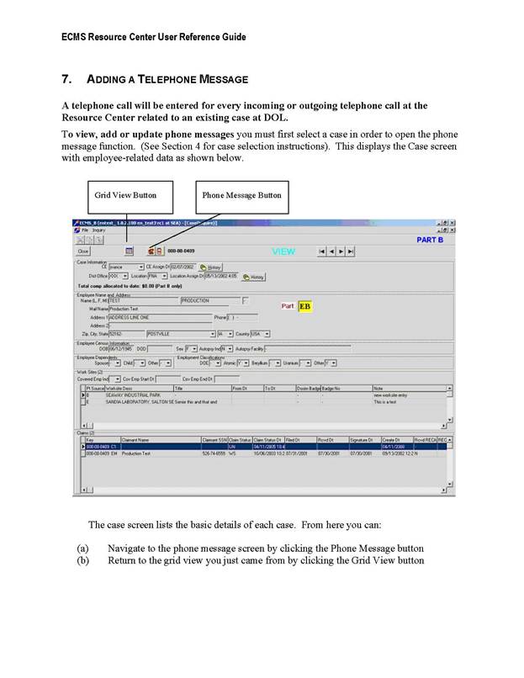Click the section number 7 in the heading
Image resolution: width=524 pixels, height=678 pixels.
click(x=66, y=79)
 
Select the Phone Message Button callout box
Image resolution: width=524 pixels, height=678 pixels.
click(x=241, y=196)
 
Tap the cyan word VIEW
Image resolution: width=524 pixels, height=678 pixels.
click(x=283, y=251)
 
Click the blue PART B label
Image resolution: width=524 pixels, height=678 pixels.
click(x=435, y=240)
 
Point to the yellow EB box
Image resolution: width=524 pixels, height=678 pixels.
click(x=304, y=306)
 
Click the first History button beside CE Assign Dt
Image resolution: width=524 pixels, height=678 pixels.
click(x=210, y=267)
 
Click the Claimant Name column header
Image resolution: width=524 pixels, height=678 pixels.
click(x=136, y=440)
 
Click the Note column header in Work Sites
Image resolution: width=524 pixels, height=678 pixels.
click(x=378, y=389)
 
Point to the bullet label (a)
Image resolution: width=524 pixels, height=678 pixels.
click(x=82, y=548)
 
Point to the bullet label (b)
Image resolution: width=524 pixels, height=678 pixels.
click(x=82, y=560)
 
